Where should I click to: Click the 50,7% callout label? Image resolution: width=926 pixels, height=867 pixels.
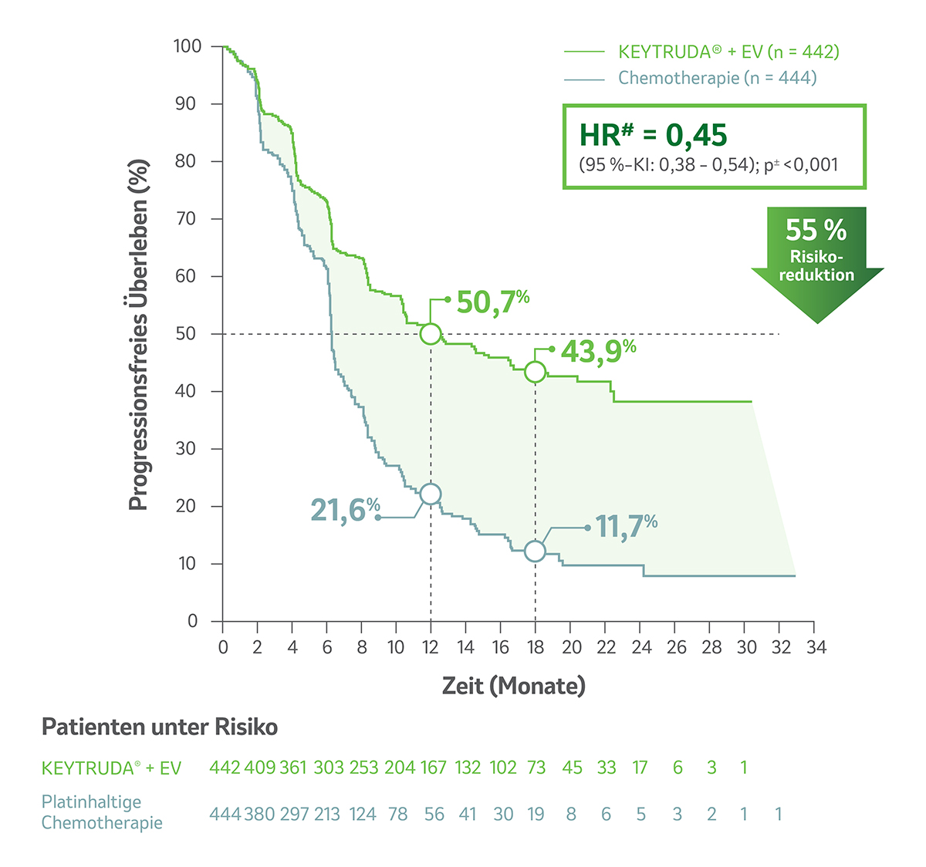(492, 302)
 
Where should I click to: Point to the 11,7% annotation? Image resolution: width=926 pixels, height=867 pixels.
(626, 527)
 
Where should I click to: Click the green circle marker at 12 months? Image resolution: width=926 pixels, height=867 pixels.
(431, 334)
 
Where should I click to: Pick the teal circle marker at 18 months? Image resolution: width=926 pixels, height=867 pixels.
(535, 551)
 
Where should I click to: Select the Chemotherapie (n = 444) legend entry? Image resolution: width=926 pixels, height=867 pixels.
(717, 78)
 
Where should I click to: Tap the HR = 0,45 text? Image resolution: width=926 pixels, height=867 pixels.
(653, 135)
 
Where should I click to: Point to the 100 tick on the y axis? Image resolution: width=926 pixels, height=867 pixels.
(188, 46)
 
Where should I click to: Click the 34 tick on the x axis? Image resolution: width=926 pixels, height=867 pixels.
(816, 647)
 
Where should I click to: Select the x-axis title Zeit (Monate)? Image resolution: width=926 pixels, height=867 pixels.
(513, 685)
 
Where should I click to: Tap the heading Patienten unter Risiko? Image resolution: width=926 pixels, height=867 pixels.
(159, 727)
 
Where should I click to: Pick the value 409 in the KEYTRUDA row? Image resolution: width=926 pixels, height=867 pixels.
(259, 767)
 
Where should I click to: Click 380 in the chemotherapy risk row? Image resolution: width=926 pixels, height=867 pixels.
(259, 814)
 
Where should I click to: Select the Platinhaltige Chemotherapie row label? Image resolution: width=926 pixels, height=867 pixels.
(102, 812)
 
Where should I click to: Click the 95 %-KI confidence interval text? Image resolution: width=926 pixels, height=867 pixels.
(708, 164)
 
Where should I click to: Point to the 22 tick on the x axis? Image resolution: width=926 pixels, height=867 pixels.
(606, 647)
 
